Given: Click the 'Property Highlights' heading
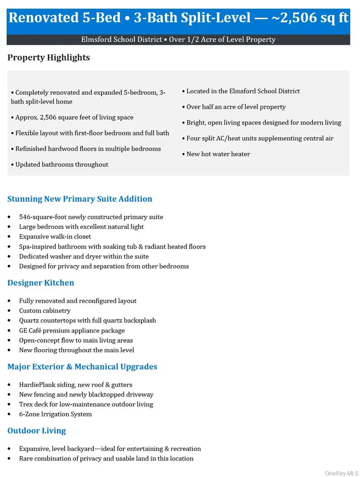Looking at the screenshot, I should coord(48,58).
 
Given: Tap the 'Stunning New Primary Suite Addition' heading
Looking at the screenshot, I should coord(80,199).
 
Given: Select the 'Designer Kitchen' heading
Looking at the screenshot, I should coord(41,283).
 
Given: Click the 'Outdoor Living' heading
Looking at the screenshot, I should coord(37,430).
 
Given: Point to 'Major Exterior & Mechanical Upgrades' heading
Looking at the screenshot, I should coord(82,367).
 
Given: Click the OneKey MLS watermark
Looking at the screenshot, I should coord(342,473).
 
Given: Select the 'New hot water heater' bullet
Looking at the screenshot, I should coord(218,154).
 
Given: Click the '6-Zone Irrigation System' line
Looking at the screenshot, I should coord(55,414).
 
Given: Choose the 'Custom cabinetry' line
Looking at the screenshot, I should coord(45,310).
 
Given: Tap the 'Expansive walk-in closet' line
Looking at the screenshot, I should coord(55,236).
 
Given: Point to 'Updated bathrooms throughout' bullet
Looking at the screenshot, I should coord(62,164).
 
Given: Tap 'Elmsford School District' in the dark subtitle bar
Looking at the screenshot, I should coord(121,40).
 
